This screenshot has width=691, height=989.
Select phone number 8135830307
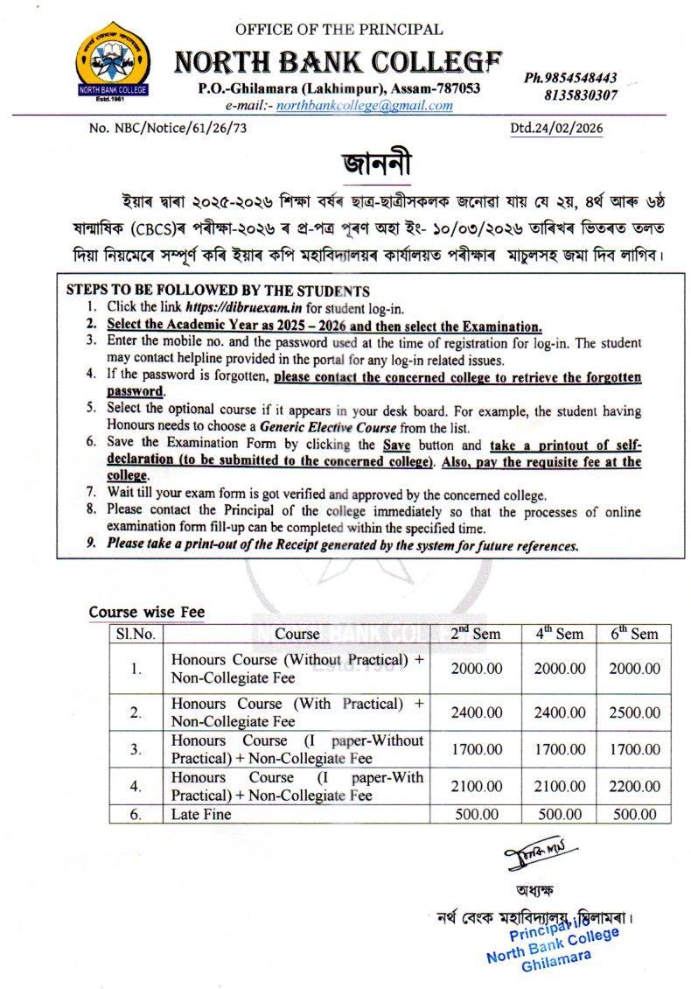pyautogui.click(x=581, y=95)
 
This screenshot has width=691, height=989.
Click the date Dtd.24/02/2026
pyautogui.click(x=556, y=129)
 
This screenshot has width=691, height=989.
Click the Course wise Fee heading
pyautogui.click(x=147, y=613)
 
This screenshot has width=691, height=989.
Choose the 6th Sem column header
pyautogui.click(x=634, y=633)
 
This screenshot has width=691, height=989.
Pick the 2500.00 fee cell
pyautogui.click(x=634, y=712)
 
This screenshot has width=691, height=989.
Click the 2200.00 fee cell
pyautogui.click(x=634, y=786)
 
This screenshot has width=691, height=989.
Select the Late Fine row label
pyautogui.click(x=201, y=814)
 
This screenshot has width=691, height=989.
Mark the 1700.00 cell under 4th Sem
pyautogui.click(x=559, y=749)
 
